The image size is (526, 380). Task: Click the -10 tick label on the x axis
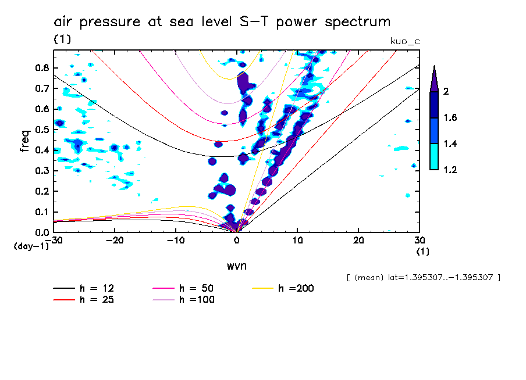pyautogui.click(x=176, y=240)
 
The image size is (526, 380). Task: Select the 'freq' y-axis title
pyautogui.click(x=25, y=141)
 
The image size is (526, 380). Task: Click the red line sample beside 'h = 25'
pyautogui.click(x=64, y=300)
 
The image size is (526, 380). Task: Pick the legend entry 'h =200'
pyautogui.click(x=296, y=288)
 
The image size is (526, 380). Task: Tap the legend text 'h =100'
pyautogui.click(x=197, y=300)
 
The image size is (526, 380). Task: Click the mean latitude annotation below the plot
pyautogui.click(x=422, y=277)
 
